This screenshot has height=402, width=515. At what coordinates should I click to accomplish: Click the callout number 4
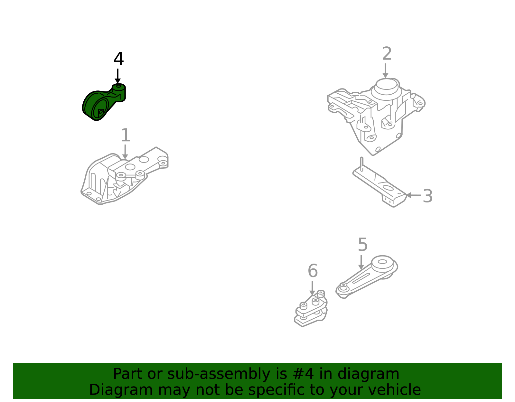(x=118, y=59)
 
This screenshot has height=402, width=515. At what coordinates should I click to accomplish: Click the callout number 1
(x=126, y=135)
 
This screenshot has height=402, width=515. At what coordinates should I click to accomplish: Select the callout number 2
(x=387, y=53)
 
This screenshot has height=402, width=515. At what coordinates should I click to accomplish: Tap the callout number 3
(x=427, y=196)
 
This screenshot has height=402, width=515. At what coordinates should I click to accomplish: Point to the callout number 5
(x=363, y=245)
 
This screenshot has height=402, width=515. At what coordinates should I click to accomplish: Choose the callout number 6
(x=313, y=271)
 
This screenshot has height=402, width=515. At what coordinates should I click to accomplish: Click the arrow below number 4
(x=118, y=76)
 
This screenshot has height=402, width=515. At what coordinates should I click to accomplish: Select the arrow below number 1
(x=125, y=152)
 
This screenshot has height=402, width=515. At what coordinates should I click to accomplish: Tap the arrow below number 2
(x=386, y=70)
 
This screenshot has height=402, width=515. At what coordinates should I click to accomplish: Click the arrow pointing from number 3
(x=414, y=195)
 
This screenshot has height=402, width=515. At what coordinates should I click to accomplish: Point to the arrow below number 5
(x=361, y=262)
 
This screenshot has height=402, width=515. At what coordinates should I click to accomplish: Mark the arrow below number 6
(x=312, y=288)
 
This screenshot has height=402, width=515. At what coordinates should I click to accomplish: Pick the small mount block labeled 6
(x=311, y=308)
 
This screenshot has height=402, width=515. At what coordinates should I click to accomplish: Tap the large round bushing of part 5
(x=382, y=262)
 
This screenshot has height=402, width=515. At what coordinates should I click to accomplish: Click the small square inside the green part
(x=101, y=112)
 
